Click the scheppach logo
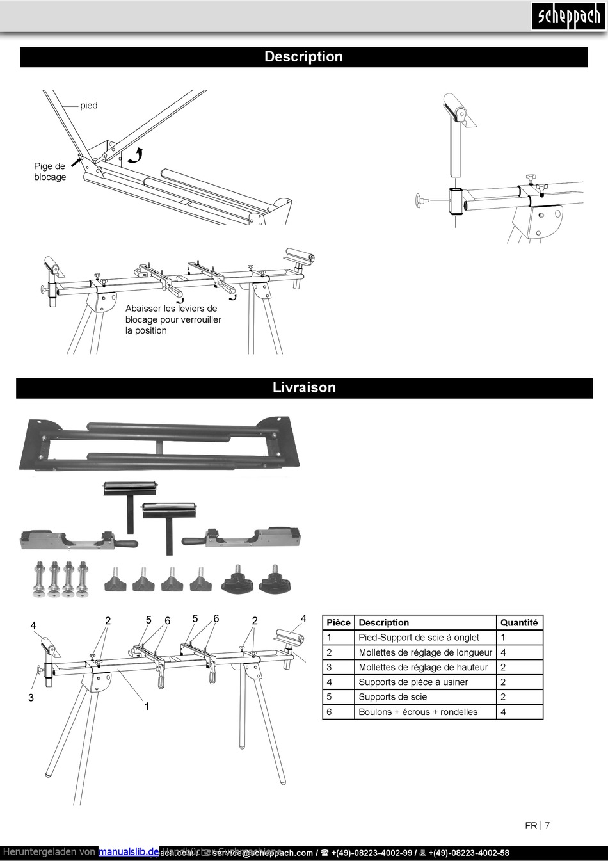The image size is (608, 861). coord(568,16)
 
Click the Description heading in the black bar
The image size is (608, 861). coord(303,57)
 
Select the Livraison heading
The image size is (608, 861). coord(304,388)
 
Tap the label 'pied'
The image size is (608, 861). coord(89,106)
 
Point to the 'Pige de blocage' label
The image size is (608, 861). coord(50,172)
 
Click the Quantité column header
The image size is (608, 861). coord(519,622)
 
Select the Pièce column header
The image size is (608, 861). coord(339,622)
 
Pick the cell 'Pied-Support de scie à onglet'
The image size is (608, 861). coord(419,638)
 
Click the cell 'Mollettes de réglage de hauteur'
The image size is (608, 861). coord(423,667)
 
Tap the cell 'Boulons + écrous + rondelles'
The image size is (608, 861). coord(418,712)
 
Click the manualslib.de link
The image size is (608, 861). coord(128,852)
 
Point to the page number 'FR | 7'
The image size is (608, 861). coord(537,826)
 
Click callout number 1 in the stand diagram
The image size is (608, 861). coord(147,707)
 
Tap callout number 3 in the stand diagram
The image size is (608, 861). coord(31,698)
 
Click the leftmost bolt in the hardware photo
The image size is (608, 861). coord(38,579)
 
